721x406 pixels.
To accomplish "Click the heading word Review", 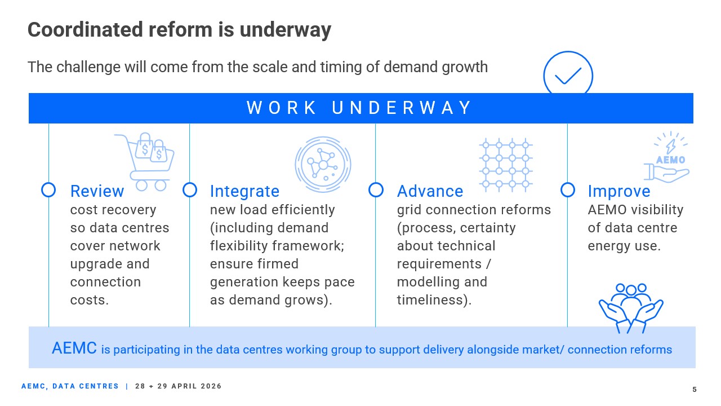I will point(97,191).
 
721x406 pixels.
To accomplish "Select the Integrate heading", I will point(244,191).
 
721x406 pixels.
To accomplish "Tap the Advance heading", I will point(430,191).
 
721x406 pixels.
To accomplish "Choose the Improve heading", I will point(619,191).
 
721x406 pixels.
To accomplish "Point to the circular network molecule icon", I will point(323,164).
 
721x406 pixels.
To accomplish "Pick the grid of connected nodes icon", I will point(505,163).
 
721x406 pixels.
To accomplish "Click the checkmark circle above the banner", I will point(568,75).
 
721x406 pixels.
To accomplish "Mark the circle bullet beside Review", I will point(49,190).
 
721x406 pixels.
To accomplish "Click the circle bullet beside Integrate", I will point(190,190).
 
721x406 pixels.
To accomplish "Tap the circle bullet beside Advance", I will point(376,190).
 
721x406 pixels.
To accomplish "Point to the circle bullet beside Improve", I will point(568,190).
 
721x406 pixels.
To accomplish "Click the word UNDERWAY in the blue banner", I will point(402,108).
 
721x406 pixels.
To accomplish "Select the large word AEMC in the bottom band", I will point(74,348).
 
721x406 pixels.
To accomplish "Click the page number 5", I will point(695,389).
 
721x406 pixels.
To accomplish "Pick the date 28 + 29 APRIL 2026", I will point(179,386).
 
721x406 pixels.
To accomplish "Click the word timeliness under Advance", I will point(431,300).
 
